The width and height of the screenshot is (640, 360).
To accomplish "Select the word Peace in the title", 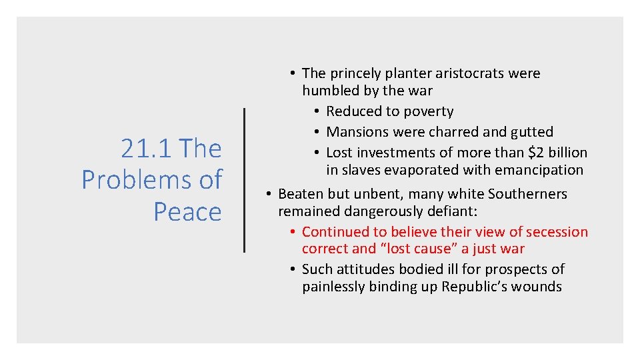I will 187,212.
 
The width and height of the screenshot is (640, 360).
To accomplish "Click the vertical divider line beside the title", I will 245,180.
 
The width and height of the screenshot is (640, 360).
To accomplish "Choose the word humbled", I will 330,91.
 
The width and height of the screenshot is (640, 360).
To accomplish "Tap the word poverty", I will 427,111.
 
